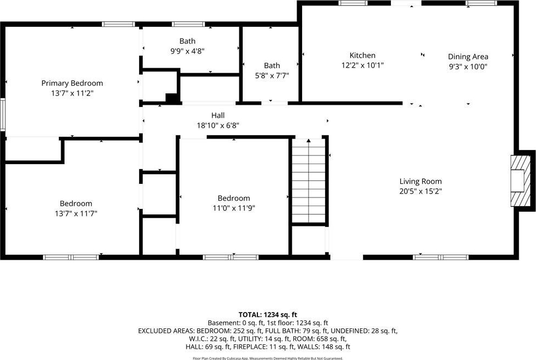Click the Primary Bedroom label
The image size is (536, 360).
[72, 83]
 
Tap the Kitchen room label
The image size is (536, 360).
[363, 56]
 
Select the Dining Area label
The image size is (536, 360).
[468, 57]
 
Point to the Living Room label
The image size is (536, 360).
[420, 181]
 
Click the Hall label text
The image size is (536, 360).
[218, 115]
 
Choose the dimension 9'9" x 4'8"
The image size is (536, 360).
[188, 51]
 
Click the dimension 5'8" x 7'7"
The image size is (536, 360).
[272, 76]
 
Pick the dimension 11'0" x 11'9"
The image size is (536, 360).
[234, 208]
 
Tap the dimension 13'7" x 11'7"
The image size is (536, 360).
[76, 214]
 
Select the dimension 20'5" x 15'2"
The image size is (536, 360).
[420, 191]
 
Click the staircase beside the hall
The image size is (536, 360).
[308, 181]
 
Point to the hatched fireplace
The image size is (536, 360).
[518, 181]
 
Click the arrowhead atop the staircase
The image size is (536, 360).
[309, 141]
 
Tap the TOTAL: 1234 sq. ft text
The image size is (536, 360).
[268, 315]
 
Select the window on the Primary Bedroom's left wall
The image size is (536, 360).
[2, 114]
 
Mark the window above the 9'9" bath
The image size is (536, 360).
[188, 24]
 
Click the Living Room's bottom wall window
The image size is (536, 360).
[441, 257]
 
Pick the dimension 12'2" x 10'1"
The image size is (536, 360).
[363, 65]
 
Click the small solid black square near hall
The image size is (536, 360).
[172, 98]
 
